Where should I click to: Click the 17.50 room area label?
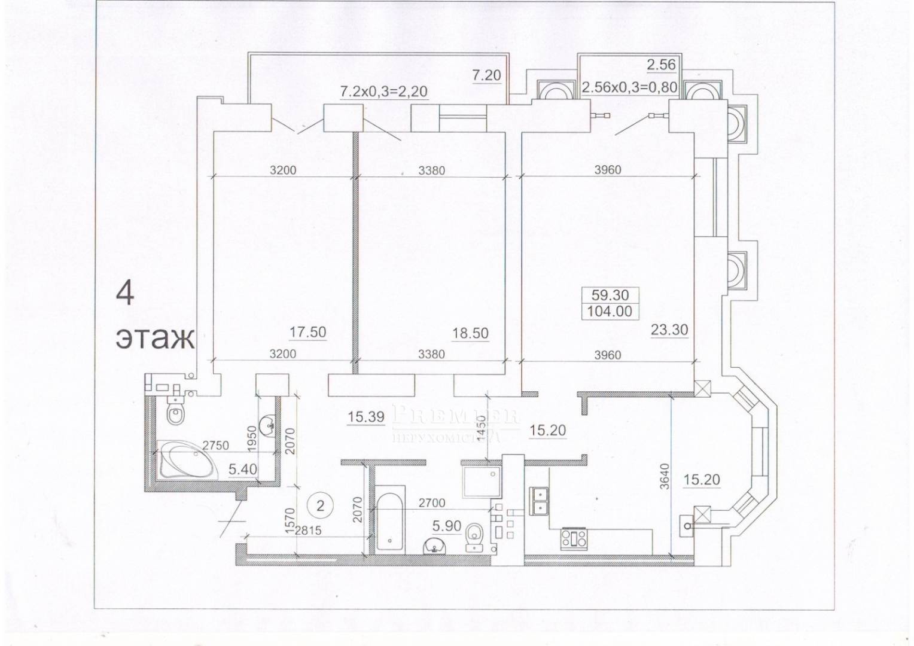pyautogui.click(x=307, y=333)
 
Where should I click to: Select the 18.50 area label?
pyautogui.click(x=470, y=333)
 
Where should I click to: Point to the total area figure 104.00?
pyautogui.click(x=610, y=311)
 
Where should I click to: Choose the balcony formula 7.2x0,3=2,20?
pyautogui.click(x=385, y=92)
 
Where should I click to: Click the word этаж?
pyautogui.click(x=155, y=338)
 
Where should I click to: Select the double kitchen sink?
pyautogui.click(x=540, y=501)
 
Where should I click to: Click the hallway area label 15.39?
pyautogui.click(x=365, y=417)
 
